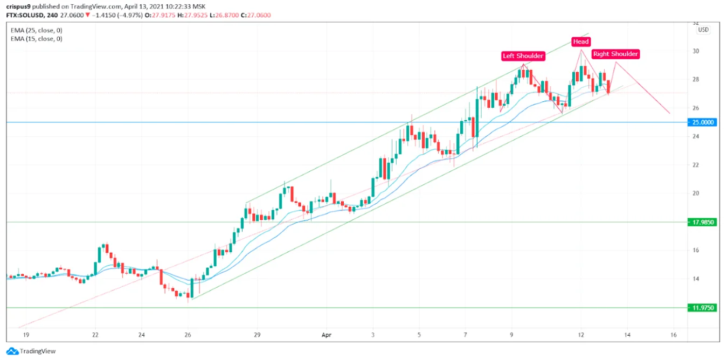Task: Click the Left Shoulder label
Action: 523,56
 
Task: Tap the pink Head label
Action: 581,41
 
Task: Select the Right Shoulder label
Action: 615,54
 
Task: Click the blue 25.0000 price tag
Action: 703,122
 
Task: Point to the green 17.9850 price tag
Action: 703,222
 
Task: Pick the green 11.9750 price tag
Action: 703,308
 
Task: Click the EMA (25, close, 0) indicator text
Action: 36,31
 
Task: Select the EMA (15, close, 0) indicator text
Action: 36,39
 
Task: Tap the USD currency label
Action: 703,30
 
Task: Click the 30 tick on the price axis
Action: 696,51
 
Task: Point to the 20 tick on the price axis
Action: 696,193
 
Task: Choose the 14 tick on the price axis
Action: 696,279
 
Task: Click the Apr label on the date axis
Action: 326,335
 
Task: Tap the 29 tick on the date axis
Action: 257,335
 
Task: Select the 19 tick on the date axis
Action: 26,335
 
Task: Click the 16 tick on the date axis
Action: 674,335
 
